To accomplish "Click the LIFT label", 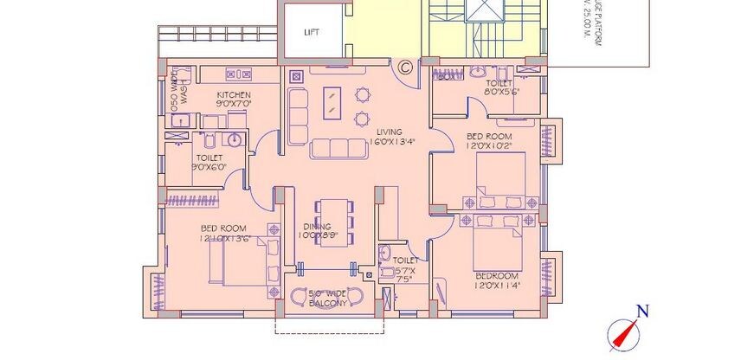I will click(312, 33).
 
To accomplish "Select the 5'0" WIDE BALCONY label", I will click(328, 299).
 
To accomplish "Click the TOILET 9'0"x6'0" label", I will click(210, 163).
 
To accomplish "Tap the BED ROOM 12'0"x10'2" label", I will click(489, 141).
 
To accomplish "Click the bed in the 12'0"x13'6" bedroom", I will click(244, 260).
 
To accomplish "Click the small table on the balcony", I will click(328, 294).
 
